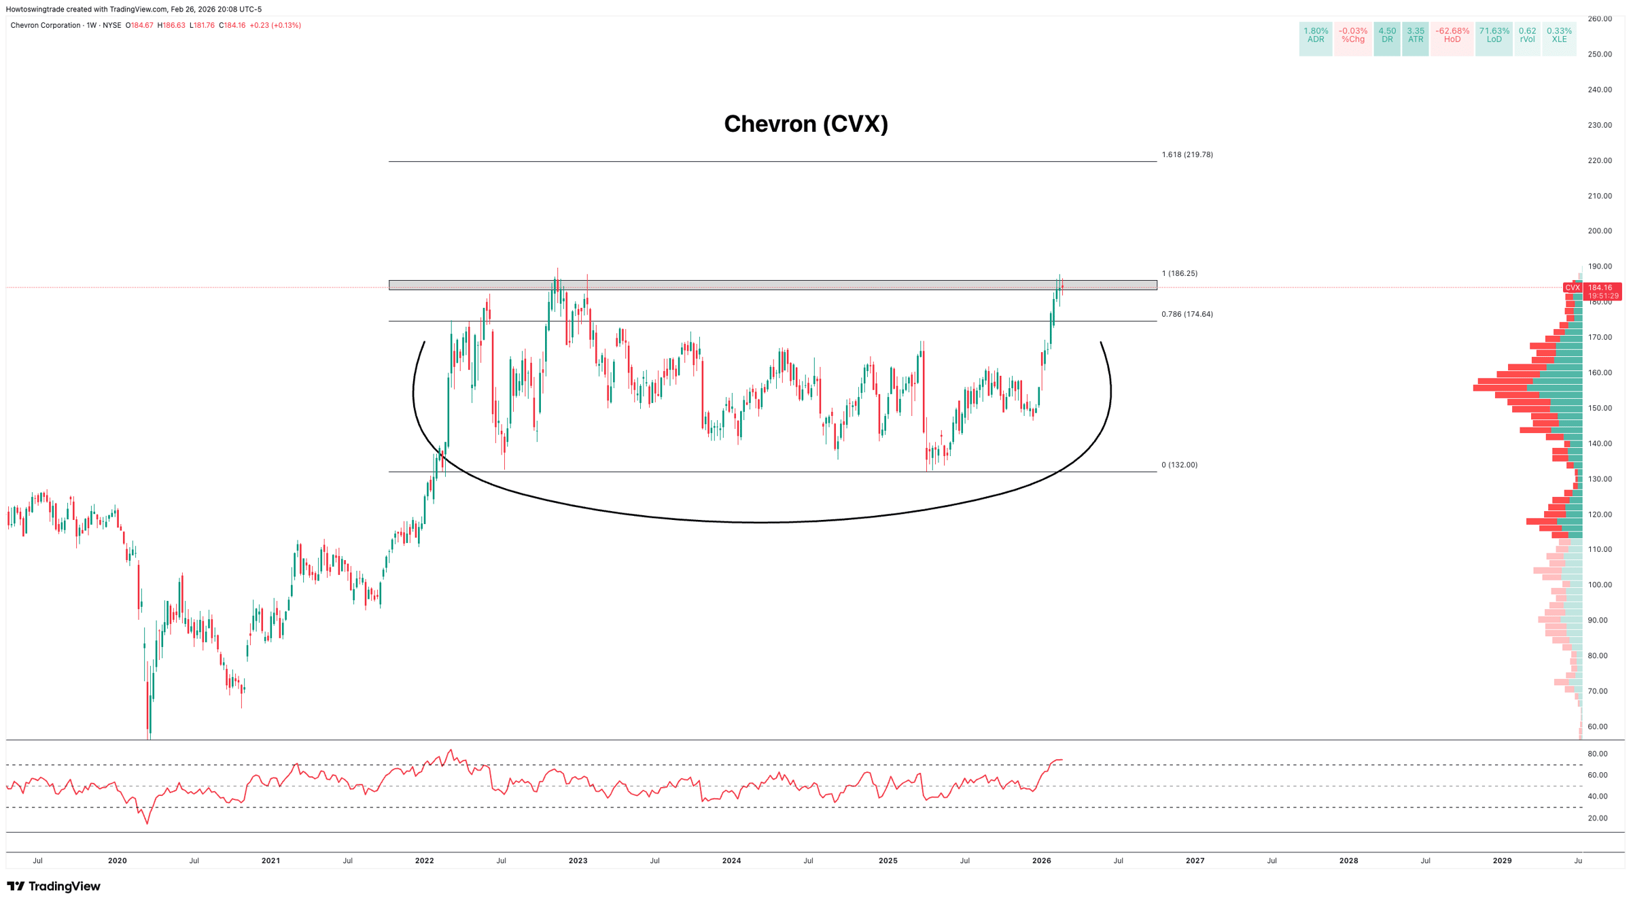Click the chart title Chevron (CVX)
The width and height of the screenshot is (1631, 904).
[805, 124]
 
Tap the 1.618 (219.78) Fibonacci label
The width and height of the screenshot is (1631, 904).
[1187, 155]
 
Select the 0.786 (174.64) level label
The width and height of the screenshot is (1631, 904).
[1187, 314]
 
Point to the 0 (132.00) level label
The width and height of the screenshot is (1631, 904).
[1179, 465]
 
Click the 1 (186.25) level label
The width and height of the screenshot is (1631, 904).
[1179, 273]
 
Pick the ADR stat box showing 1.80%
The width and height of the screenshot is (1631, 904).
[1316, 35]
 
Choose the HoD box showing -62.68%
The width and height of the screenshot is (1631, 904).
[1452, 35]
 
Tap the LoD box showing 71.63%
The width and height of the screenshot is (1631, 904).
[1494, 35]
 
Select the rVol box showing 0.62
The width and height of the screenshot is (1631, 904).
[1527, 35]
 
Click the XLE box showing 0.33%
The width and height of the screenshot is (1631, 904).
[1559, 35]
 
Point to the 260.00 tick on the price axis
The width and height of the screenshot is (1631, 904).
[1599, 19]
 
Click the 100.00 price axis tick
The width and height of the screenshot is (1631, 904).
[1599, 585]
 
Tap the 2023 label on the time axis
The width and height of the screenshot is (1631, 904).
[578, 860]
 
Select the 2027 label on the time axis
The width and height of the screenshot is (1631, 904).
[1195, 860]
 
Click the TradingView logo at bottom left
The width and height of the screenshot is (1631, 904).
[54, 886]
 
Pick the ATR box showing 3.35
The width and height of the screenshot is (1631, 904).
[1416, 35]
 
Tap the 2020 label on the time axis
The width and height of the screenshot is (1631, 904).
[117, 860]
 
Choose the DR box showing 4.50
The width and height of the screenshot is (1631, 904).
[1387, 35]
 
